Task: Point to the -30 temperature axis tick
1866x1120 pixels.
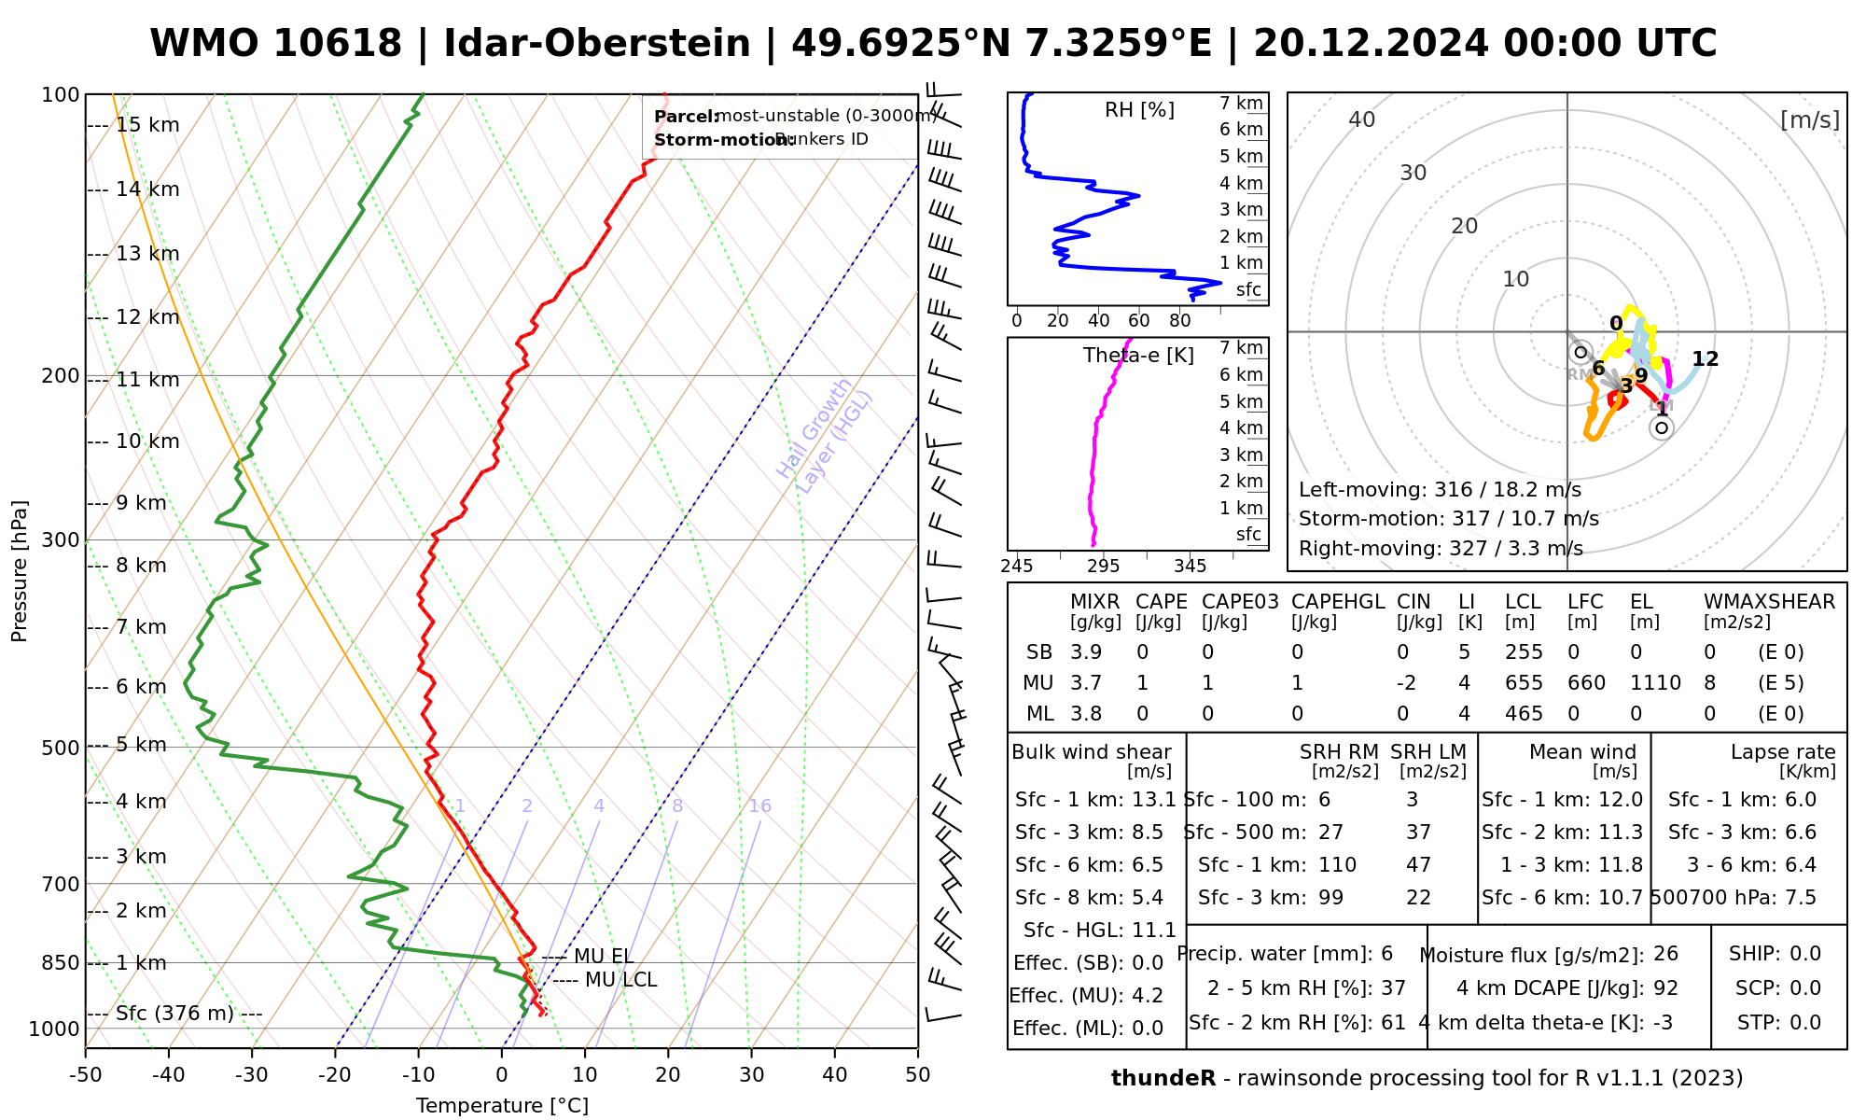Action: [x=252, y=1075]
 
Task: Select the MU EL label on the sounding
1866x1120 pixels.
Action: [x=604, y=957]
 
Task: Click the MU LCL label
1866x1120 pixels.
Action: [x=620, y=980]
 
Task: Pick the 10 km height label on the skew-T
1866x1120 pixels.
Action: [x=147, y=441]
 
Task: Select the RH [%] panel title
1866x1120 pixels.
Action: [x=1139, y=110]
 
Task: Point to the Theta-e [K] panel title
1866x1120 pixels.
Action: [x=1138, y=356]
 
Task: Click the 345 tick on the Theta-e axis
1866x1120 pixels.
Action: [x=1190, y=567]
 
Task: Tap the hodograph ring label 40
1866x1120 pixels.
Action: [x=1362, y=119]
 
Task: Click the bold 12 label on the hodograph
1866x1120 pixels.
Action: [x=1705, y=359]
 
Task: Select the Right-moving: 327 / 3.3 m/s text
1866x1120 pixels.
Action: [x=1440, y=548]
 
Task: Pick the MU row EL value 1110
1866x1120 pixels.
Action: [x=1655, y=683]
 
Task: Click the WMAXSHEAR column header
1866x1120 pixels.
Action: [x=1769, y=602]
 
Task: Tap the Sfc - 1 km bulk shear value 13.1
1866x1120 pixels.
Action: [x=1153, y=800]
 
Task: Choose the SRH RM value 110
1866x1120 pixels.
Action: [x=1337, y=865]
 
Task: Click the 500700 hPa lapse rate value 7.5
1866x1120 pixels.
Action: [x=1800, y=898]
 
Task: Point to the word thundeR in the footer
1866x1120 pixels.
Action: [x=1163, y=1079]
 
